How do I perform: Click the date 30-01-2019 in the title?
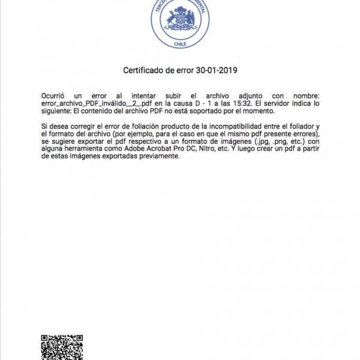point(217,70)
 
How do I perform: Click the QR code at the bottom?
point(61,347)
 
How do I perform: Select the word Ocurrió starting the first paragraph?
point(53,95)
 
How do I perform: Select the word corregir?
point(84,127)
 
